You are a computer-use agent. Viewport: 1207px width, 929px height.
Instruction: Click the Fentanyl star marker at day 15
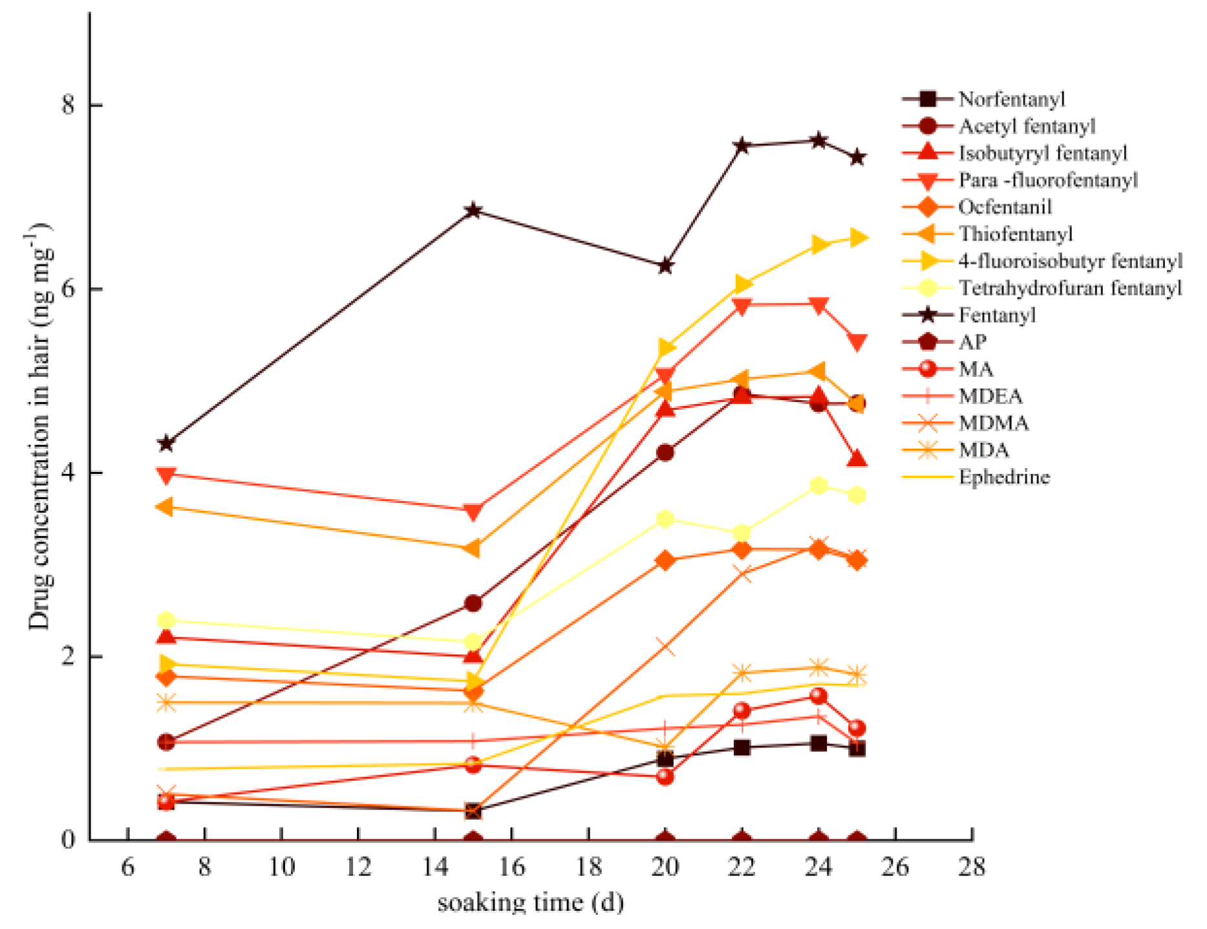tap(473, 211)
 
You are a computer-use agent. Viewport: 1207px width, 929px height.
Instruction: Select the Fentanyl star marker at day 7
tap(166, 443)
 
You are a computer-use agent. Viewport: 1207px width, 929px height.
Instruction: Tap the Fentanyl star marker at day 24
tap(818, 140)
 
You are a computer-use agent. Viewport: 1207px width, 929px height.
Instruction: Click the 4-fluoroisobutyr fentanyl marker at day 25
tap(857, 237)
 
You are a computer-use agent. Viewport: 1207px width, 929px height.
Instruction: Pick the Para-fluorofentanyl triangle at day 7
tap(166, 475)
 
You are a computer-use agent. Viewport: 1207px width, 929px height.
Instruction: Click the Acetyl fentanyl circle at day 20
tap(665, 453)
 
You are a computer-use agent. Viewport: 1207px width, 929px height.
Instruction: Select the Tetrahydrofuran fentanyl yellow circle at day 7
tap(166, 620)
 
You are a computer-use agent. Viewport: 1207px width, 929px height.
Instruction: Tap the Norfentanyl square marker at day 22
tap(742, 747)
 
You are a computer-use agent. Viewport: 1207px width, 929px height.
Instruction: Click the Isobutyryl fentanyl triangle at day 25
tap(857, 459)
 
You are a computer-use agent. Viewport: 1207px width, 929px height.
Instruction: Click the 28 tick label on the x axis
tap(972, 866)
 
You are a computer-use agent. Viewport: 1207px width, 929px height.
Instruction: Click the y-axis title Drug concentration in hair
tap(39, 427)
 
